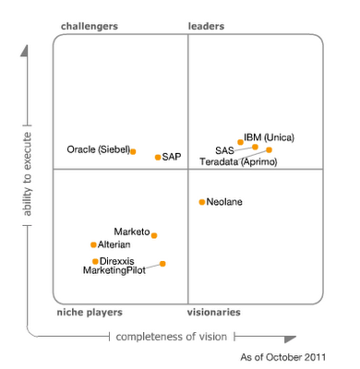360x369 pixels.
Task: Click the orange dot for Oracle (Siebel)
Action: (133, 151)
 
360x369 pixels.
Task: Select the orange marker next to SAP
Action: (158, 158)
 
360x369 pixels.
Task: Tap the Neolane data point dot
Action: (202, 201)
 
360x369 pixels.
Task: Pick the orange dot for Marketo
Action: (154, 235)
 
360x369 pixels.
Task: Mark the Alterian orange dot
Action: (93, 244)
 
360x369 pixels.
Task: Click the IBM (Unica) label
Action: (269, 137)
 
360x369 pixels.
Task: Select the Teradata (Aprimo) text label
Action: (236, 162)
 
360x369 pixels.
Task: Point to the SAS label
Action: (224, 149)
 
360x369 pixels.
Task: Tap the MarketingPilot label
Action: (114, 270)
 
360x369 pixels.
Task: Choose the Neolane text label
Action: (225, 201)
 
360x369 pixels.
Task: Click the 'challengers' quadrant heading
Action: (90, 27)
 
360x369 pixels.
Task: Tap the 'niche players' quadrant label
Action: (90, 313)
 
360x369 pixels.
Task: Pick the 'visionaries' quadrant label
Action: (215, 313)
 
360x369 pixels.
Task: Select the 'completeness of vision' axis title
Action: (171, 337)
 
